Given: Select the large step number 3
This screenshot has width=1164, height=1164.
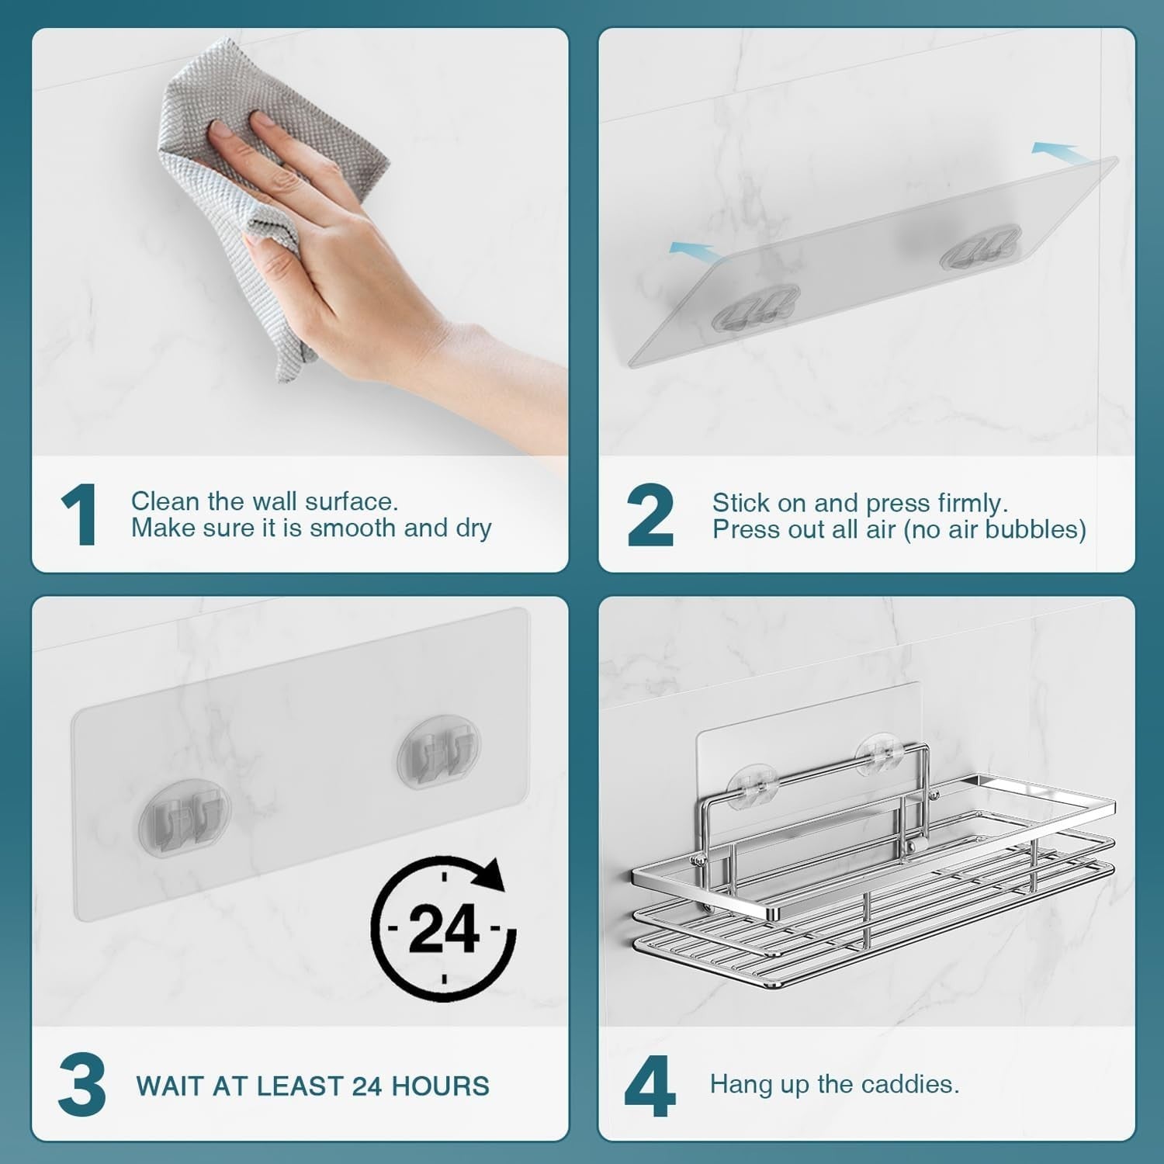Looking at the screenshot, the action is tap(81, 1085).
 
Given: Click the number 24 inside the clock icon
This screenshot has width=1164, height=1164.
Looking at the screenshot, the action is tap(443, 928).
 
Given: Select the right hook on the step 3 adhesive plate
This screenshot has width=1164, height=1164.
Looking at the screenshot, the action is tap(438, 753).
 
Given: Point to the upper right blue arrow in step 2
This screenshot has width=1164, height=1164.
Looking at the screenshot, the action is tap(1055, 149).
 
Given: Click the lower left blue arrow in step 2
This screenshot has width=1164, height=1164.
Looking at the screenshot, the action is tap(693, 249).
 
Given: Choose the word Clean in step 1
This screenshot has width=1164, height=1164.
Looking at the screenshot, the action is tap(161, 501).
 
